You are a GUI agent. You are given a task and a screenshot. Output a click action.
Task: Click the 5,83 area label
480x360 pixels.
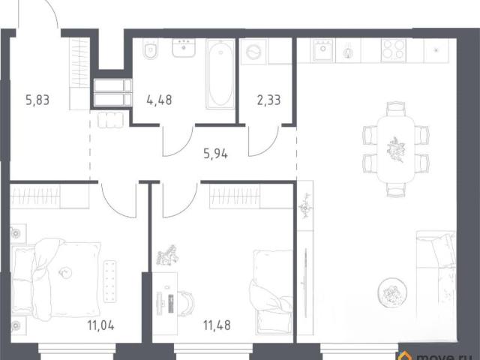(37, 100)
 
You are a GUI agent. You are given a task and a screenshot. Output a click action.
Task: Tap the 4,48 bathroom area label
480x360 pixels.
(159, 100)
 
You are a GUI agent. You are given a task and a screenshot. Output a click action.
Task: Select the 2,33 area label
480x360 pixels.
(268, 100)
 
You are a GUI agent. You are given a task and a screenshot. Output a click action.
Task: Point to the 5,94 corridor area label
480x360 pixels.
(215, 154)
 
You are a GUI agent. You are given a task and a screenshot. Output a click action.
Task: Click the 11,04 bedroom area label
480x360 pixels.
(100, 325)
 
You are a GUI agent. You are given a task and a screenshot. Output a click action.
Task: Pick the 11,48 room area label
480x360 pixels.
(217, 325)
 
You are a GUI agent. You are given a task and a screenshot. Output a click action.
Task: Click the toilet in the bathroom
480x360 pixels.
(151, 49)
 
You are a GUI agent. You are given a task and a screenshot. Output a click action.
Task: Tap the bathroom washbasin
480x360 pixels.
(184, 48)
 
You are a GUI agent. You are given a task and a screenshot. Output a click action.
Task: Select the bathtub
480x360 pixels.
(220, 74)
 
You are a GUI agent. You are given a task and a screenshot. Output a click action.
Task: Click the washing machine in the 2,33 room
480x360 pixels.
(253, 52)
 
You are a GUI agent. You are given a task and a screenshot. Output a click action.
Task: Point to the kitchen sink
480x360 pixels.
(322, 50)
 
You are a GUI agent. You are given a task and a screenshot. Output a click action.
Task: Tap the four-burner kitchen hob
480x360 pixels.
(394, 50)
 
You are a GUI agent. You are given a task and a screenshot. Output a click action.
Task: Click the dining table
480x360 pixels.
(395, 149)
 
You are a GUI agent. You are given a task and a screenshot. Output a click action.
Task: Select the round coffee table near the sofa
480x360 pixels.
(392, 292)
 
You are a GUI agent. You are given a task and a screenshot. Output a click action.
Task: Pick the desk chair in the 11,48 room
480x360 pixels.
(185, 303)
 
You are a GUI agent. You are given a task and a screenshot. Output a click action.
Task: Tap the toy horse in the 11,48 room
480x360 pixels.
(167, 255)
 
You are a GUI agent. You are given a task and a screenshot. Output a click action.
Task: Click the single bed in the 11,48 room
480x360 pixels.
(271, 292)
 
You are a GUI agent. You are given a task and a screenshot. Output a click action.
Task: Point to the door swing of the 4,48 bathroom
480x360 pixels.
(178, 142)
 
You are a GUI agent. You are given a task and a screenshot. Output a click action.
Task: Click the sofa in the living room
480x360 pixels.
(436, 286)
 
